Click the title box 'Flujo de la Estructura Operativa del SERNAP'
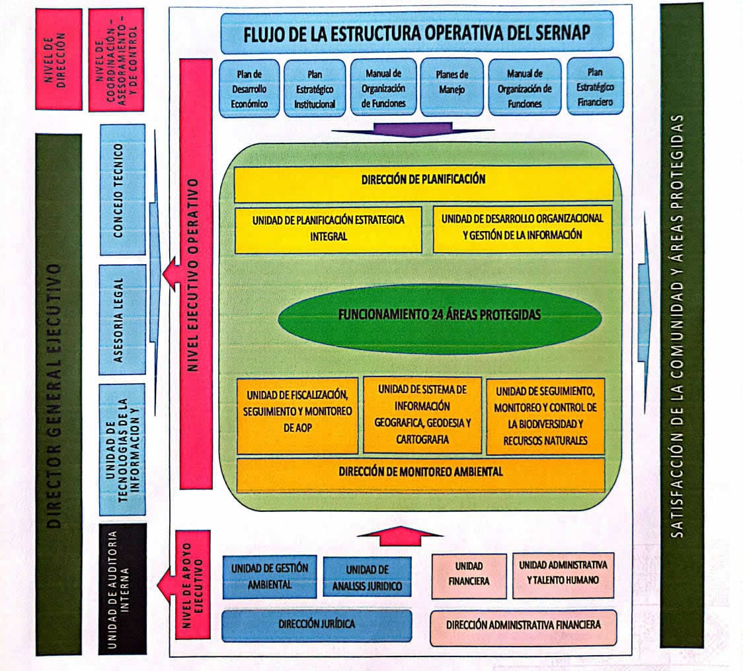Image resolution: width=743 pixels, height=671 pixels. (x=416, y=32)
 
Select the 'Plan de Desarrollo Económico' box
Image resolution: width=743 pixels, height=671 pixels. (x=249, y=88)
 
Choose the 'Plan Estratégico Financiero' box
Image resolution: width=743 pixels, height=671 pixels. (x=595, y=87)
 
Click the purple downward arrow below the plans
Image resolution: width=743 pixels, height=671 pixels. (x=412, y=129)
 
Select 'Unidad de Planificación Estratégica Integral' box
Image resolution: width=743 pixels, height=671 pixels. (x=329, y=229)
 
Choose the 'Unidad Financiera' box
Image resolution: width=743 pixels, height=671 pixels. (x=469, y=575)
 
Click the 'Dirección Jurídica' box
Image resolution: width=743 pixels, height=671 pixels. (x=317, y=625)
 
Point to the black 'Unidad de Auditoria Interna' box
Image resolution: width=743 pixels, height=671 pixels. (x=122, y=589)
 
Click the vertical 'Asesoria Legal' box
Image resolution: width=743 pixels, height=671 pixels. (x=122, y=320)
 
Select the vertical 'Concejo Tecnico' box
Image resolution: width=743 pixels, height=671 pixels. (x=122, y=190)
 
